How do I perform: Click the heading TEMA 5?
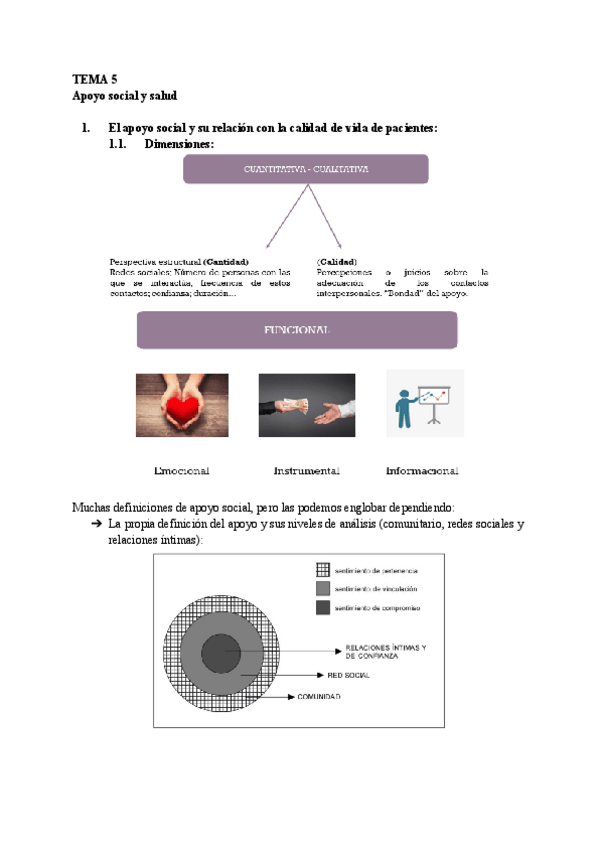[x=94, y=78]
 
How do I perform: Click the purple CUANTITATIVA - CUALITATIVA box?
[x=306, y=170]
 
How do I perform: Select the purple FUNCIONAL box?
[x=296, y=330]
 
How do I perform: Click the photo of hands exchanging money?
[x=306, y=405]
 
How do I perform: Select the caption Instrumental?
[x=306, y=470]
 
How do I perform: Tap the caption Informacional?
[x=422, y=470]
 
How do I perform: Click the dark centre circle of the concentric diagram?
[x=221, y=654]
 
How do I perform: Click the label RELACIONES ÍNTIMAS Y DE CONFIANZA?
[x=385, y=652]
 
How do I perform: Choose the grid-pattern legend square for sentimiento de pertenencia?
[x=322, y=569]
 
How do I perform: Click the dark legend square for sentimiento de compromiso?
[x=322, y=607]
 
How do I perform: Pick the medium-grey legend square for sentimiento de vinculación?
[x=322, y=588]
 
